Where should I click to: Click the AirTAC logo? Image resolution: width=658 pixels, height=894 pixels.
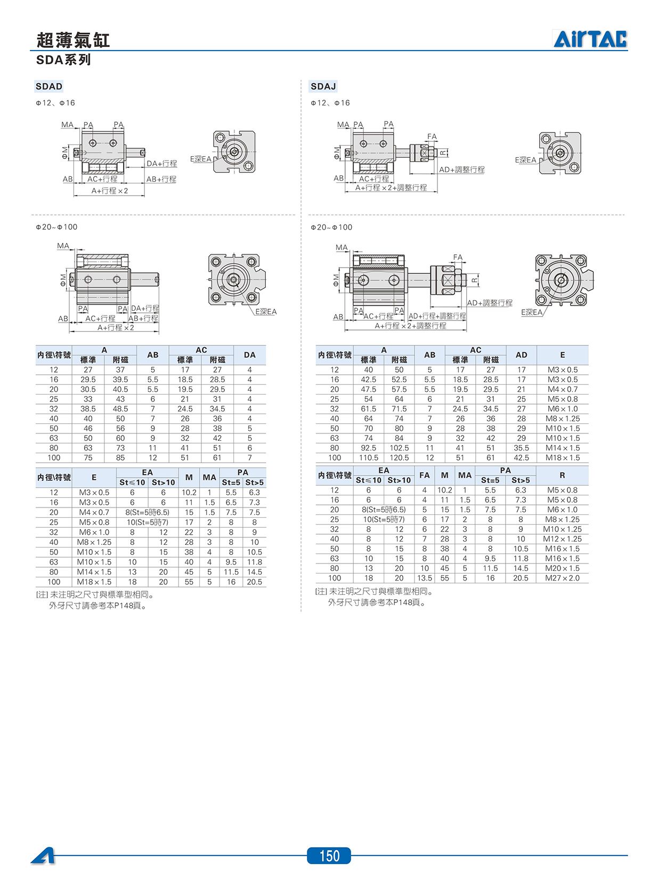[x=590, y=39]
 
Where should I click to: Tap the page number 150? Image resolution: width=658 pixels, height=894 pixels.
[x=329, y=856]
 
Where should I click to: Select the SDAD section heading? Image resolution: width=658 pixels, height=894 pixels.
[x=49, y=86]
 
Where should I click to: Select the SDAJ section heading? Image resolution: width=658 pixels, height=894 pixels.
[x=323, y=86]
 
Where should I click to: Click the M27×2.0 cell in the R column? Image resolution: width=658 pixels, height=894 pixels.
[x=562, y=578]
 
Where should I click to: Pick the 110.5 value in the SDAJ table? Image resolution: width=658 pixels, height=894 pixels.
[x=369, y=458]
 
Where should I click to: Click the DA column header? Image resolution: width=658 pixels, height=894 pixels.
[x=250, y=355]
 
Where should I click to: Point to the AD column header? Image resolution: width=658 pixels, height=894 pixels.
[x=521, y=355]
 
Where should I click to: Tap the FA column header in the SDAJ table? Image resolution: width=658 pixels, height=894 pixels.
[x=424, y=476]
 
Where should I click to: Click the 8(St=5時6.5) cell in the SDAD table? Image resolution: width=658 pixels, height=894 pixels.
[x=147, y=512]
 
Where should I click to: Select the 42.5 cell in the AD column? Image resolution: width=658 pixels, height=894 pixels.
[x=521, y=458]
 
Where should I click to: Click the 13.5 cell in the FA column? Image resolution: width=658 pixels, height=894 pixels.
[x=424, y=578]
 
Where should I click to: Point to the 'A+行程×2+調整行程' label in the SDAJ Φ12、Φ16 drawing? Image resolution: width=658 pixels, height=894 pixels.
[x=391, y=188]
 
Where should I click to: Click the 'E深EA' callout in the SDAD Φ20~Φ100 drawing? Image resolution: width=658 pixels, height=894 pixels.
[x=266, y=312]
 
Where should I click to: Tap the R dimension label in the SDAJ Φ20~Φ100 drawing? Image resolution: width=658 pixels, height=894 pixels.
[x=474, y=280]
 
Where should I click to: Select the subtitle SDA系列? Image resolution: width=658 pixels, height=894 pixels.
[x=63, y=60]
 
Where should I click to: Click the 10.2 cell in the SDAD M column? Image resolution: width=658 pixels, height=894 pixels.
[x=189, y=493]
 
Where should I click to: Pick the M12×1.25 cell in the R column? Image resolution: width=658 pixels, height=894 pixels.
[x=562, y=539]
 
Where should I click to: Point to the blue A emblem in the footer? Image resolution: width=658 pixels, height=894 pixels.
[x=43, y=856]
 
